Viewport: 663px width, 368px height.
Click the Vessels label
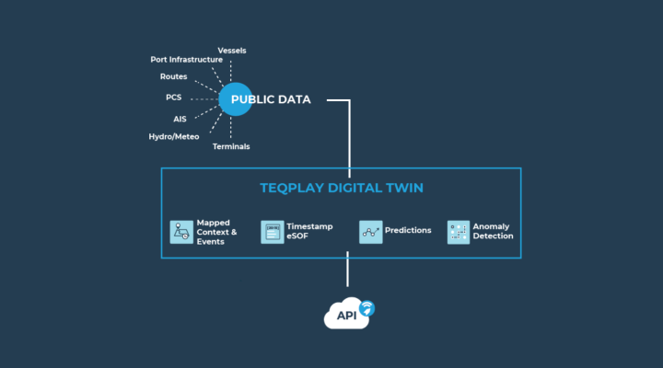[x=232, y=51]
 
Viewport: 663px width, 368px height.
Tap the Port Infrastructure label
[x=186, y=60]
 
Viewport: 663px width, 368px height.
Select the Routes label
[x=173, y=76]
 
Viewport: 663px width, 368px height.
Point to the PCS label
[x=173, y=98]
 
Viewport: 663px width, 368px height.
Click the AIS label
[x=180, y=120]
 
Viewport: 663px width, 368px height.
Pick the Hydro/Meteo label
[x=174, y=137]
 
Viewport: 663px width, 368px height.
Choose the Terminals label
[x=231, y=146]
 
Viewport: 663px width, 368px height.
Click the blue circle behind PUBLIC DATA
[x=236, y=99]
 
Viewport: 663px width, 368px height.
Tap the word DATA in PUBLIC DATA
[x=293, y=99]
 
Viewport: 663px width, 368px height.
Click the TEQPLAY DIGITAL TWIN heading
[x=342, y=188]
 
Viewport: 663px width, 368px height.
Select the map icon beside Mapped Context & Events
[x=181, y=232]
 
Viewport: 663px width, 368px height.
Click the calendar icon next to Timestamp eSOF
[x=273, y=232]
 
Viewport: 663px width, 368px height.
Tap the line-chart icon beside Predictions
[x=371, y=232]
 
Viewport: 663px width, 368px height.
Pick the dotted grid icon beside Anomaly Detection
[x=459, y=232]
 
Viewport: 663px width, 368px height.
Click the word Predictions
[x=408, y=230]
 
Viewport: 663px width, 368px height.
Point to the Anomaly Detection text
[x=493, y=231]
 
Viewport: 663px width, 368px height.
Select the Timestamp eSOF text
[x=309, y=231]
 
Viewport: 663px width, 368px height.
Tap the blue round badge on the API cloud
[x=367, y=308]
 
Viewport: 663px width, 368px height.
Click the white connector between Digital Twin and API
[x=347, y=270]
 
